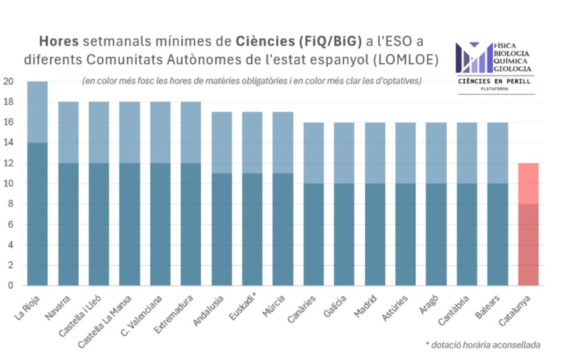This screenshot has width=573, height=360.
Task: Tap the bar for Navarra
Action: pyautogui.click(x=68, y=194)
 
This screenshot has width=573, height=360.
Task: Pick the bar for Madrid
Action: pyautogui.click(x=375, y=204)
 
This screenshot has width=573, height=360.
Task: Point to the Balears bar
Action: pyautogui.click(x=498, y=204)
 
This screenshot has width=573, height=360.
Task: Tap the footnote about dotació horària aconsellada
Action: pyautogui.click(x=483, y=345)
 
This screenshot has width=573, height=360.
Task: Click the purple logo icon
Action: pyautogui.click(x=473, y=57)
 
